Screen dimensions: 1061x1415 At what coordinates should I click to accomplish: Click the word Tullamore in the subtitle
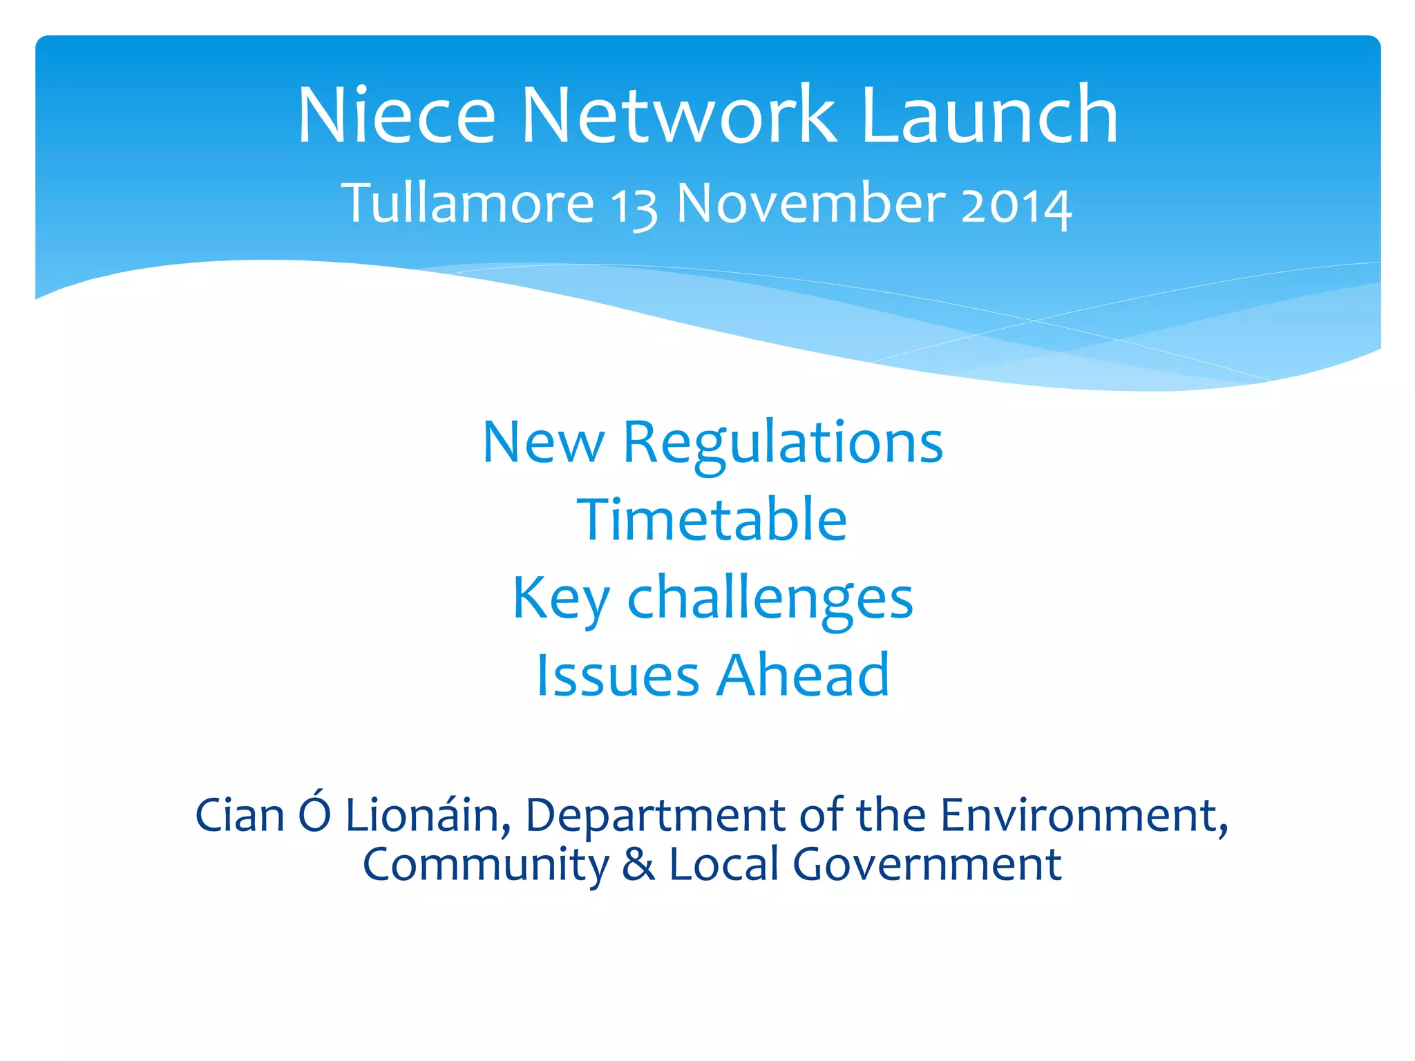(468, 204)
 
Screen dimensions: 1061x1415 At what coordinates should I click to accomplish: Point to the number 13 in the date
(634, 207)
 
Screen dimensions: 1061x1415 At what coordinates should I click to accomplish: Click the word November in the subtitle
(810, 204)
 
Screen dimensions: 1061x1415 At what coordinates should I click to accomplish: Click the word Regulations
(783, 443)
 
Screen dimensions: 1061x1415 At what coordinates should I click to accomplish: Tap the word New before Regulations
(544, 443)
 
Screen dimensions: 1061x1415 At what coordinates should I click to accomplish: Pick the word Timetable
(712, 519)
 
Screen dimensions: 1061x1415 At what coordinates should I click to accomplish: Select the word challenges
(770, 599)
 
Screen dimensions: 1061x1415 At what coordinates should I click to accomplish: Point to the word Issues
(618, 676)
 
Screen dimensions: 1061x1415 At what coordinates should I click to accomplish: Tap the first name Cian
(240, 815)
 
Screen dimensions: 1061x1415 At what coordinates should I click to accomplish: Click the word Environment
(1083, 815)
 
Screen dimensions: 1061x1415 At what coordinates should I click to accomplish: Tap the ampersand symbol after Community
(638, 864)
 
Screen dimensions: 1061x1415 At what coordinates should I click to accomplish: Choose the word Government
(927, 864)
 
